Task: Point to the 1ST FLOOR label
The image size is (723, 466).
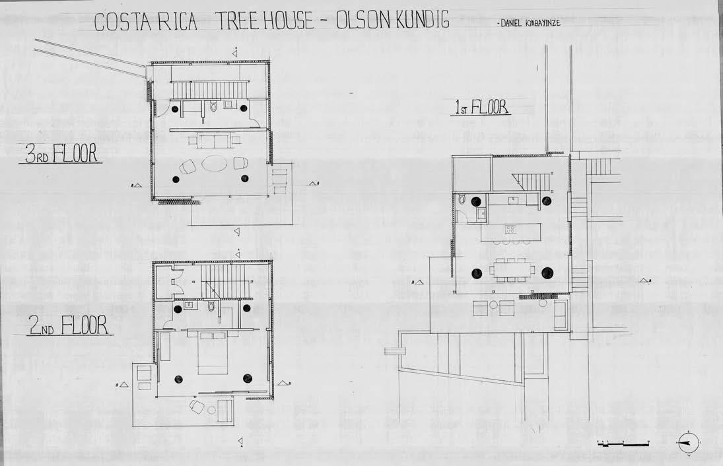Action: point(480,107)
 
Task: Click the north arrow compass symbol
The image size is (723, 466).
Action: point(687,443)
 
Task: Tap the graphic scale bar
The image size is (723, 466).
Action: point(623,443)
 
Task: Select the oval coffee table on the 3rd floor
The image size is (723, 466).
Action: point(214,163)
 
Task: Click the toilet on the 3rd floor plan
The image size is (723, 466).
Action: point(213,106)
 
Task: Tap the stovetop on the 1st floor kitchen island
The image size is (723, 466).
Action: point(510,230)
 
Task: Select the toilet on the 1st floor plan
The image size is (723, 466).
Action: point(462,198)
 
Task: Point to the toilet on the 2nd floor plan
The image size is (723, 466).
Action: point(211,306)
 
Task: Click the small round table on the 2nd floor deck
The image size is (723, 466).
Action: point(211,410)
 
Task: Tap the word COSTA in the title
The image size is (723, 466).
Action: point(121,21)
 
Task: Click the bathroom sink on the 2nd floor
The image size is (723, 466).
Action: point(189,306)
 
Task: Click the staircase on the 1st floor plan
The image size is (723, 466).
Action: point(530,176)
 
